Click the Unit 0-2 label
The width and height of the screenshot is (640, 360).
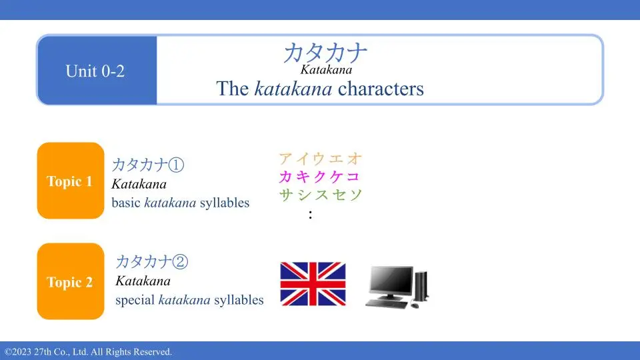tap(95, 71)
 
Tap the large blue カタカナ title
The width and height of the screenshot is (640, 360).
tap(325, 53)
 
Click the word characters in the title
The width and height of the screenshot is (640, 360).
tap(381, 89)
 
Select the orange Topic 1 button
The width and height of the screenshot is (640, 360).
tap(71, 181)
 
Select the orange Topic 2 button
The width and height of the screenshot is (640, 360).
tap(71, 281)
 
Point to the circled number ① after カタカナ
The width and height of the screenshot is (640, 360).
tap(176, 165)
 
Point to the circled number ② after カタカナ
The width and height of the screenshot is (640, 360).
tap(180, 261)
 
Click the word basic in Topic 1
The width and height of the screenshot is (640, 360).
tap(126, 203)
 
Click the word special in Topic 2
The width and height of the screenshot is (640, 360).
tap(135, 301)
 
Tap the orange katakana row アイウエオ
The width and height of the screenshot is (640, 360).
tap(321, 159)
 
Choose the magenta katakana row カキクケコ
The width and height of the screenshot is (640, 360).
tap(319, 176)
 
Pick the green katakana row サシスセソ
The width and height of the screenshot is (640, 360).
tap(321, 194)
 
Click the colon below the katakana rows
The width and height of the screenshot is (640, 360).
tap(311, 215)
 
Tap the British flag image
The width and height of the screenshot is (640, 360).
tap(313, 284)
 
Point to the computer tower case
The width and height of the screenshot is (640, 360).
tap(421, 286)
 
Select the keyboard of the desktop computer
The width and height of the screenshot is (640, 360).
tap(387, 304)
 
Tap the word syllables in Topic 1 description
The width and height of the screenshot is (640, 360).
tap(225, 203)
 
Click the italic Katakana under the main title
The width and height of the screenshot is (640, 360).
tap(326, 70)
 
